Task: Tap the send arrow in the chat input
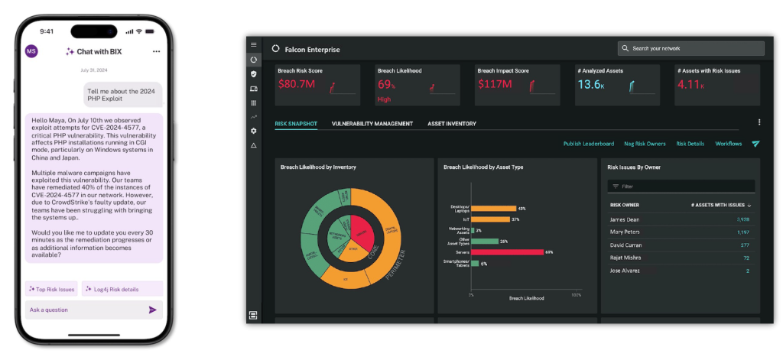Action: point(152,310)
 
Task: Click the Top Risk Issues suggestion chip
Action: point(51,289)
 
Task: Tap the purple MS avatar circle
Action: point(31,51)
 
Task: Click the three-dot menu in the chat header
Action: point(156,51)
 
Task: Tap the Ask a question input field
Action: point(84,310)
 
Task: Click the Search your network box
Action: point(690,48)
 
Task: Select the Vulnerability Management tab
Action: point(372,124)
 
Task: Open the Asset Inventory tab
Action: point(451,124)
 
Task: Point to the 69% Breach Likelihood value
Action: point(386,85)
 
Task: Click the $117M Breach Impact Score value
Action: point(495,85)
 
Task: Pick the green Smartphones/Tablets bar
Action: point(475,263)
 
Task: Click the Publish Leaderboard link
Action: point(588,144)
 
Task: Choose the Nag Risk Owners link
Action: point(645,144)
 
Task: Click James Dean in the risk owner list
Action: point(625,219)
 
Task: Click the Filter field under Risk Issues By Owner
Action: point(681,186)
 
